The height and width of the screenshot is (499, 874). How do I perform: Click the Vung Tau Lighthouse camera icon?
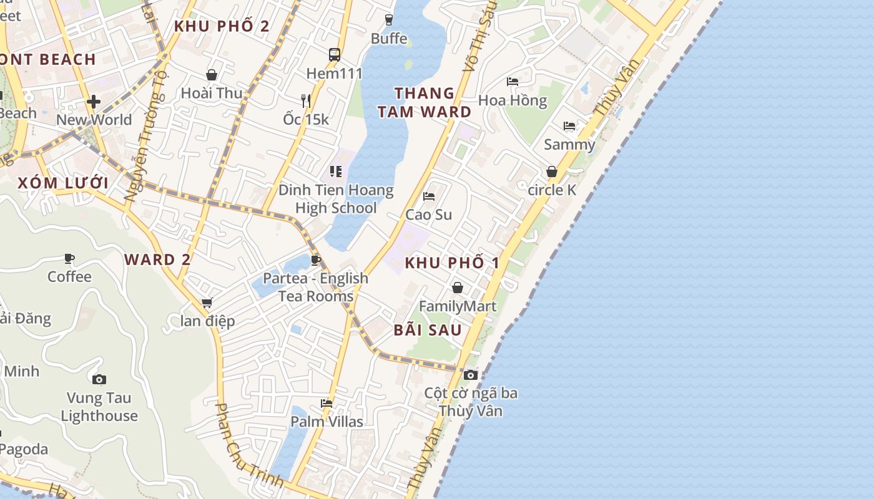[99, 379]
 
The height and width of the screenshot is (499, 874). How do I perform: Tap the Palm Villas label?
[327, 422]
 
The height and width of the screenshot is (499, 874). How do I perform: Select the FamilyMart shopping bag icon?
[458, 288]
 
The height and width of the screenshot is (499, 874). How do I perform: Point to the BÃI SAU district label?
[428, 330]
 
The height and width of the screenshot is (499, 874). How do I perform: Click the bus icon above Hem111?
[335, 55]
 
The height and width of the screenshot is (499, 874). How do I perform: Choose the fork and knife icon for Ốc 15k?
[305, 100]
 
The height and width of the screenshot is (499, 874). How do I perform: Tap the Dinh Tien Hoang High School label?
[336, 199]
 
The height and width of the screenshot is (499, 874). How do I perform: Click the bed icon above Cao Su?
[429, 196]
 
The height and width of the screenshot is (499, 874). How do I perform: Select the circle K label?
[552, 190]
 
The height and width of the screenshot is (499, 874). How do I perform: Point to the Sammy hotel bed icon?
[569, 126]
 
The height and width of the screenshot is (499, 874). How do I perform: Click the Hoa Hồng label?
[512, 100]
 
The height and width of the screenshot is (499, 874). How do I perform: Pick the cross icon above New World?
[94, 101]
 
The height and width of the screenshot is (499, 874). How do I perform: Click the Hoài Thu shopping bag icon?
[212, 75]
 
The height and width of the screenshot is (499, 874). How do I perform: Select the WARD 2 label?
[157, 259]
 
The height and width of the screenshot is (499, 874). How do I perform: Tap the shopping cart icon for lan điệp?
[207, 303]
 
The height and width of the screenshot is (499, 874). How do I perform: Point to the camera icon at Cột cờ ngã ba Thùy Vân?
[471, 375]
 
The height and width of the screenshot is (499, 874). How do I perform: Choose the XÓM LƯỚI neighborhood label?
[63, 183]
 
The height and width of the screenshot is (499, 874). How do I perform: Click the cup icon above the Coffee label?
[69, 258]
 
